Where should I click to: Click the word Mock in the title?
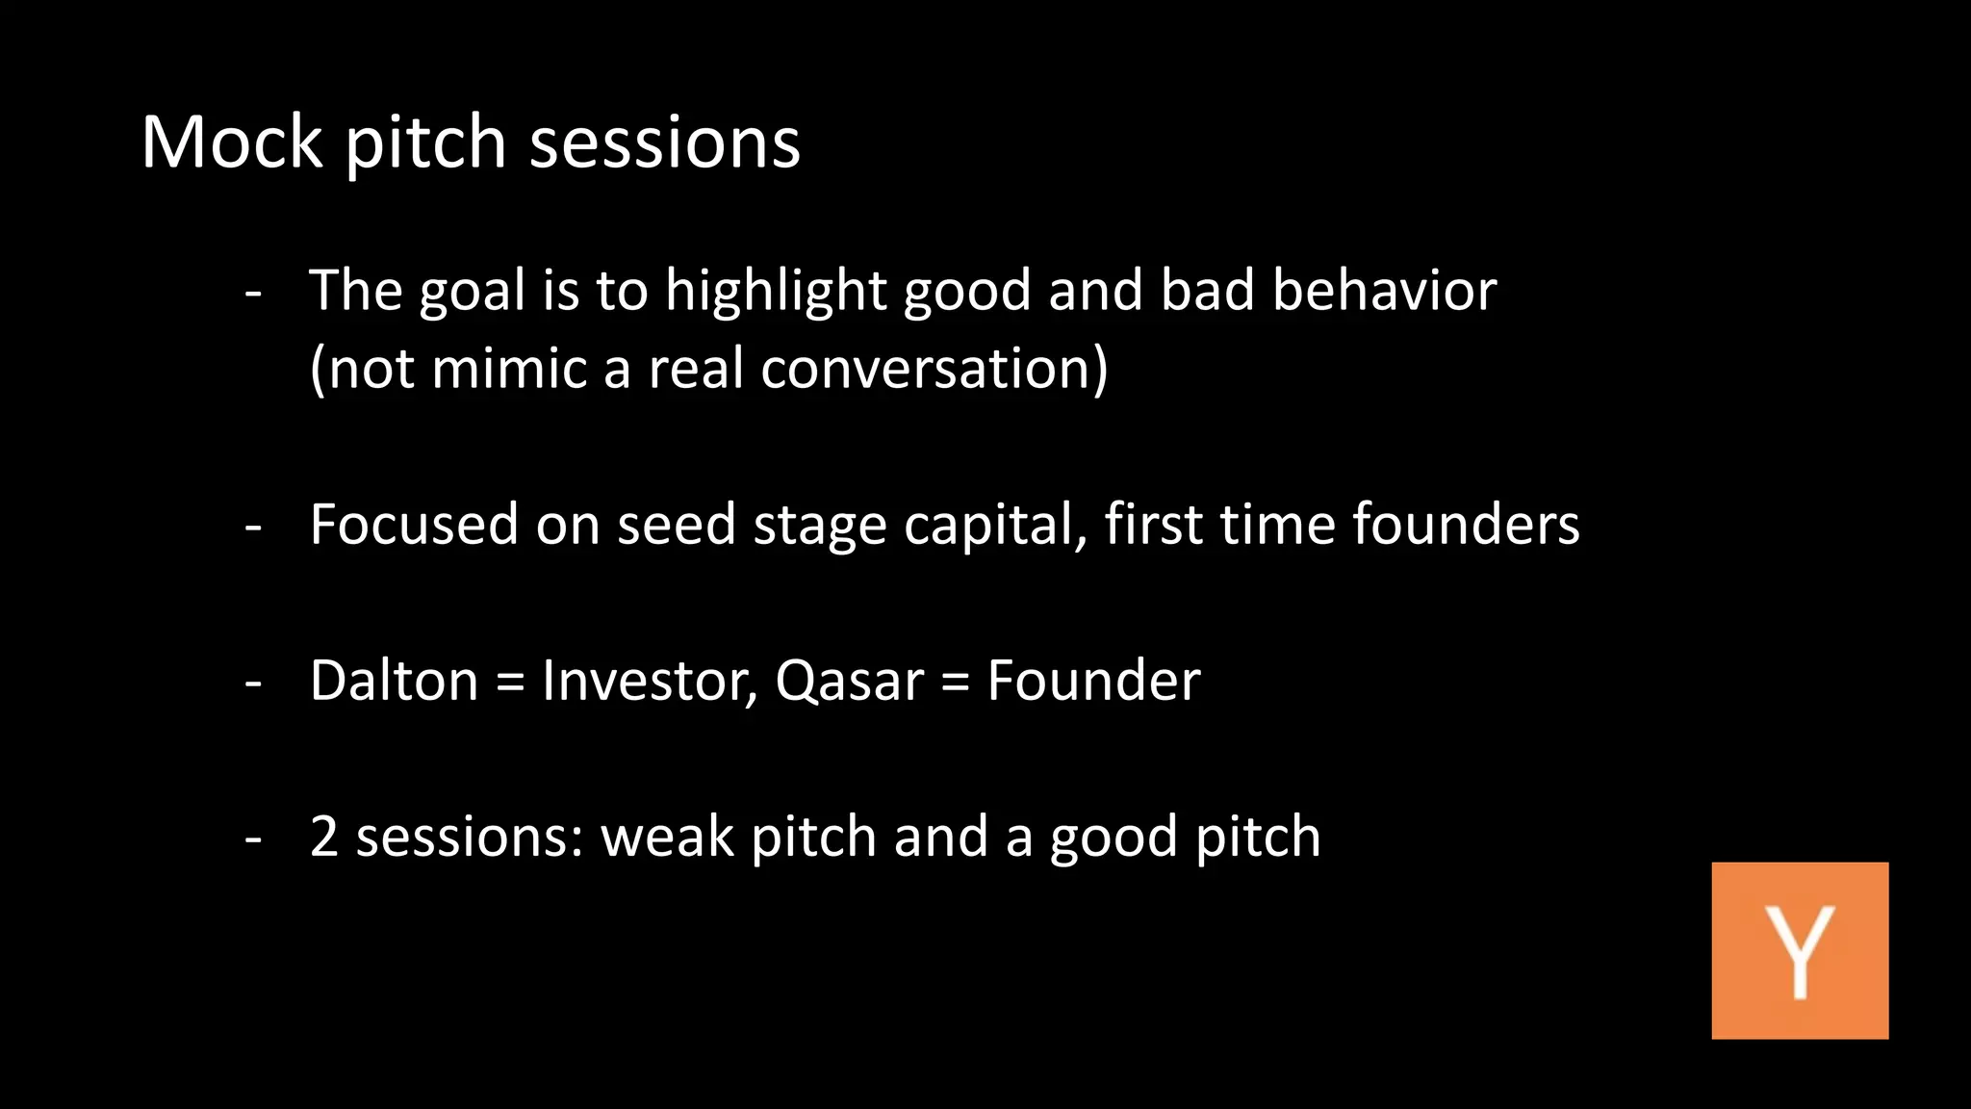232,142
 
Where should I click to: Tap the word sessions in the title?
665,142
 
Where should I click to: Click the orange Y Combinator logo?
1799,950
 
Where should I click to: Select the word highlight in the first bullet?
776,291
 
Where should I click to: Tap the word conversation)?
934,369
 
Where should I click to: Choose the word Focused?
414,525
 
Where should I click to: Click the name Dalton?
394,681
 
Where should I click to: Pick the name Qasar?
849,681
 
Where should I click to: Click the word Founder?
1093,681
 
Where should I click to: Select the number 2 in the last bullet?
324,837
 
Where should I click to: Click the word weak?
667,837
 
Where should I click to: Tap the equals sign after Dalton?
510,683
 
